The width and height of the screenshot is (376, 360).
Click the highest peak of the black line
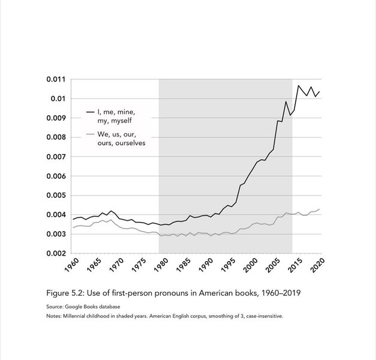(x=298, y=85)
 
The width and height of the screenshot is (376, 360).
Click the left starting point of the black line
(x=73, y=220)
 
